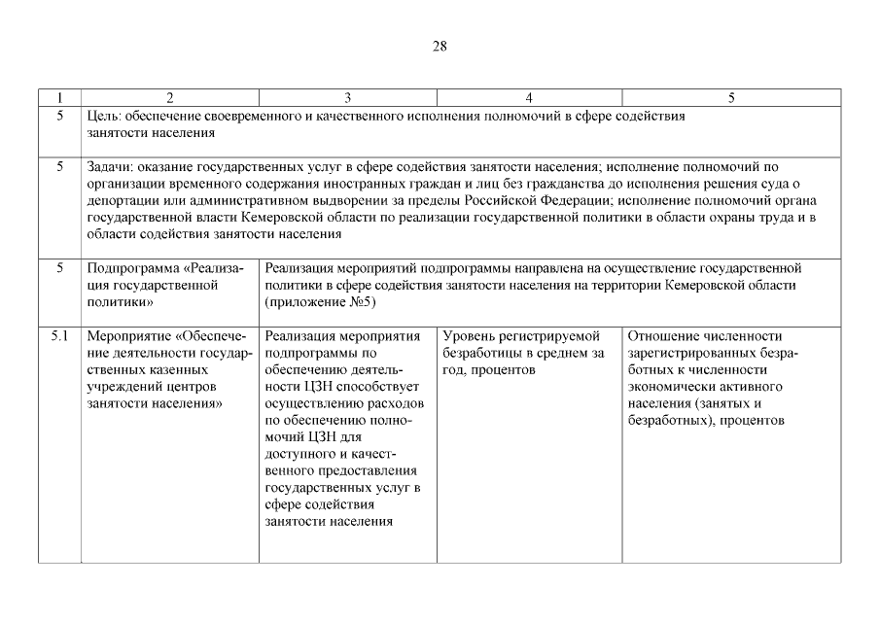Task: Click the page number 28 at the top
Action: click(440, 46)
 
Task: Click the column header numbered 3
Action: click(347, 97)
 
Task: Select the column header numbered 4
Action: click(528, 97)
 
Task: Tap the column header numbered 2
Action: click(170, 97)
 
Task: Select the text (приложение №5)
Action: click(320, 302)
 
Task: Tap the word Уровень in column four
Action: click(470, 336)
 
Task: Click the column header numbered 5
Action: click(731, 97)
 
